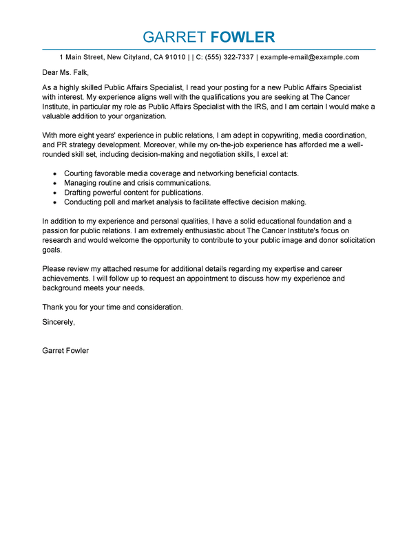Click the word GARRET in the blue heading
[x=174, y=37]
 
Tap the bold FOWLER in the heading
[x=242, y=37]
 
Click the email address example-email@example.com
[x=309, y=57]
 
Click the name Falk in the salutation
[x=79, y=73]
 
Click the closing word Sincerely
[x=59, y=322]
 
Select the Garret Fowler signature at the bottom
[x=65, y=350]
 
